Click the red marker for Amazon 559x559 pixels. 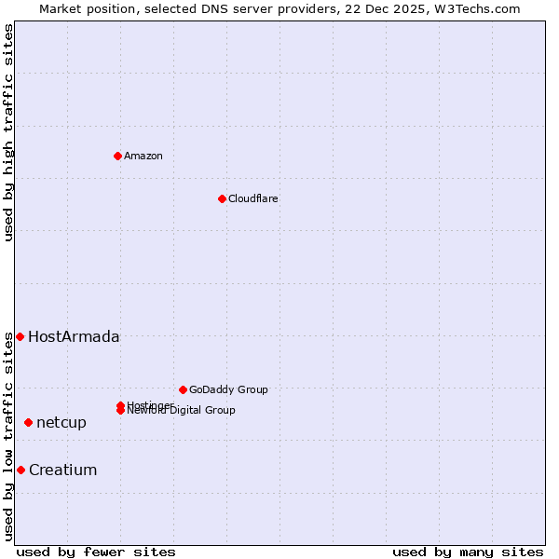pos(117,156)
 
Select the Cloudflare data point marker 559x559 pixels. pos(222,198)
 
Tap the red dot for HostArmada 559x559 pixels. pos(20,336)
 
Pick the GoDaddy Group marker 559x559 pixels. pos(183,389)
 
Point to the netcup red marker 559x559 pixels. pos(28,422)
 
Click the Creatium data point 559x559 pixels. pos(20,470)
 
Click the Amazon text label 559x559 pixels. pos(143,156)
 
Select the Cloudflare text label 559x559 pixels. pos(253,198)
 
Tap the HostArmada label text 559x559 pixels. pos(74,336)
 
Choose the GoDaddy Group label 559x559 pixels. pos(228,389)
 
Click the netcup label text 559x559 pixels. pos(61,422)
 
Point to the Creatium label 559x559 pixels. pos(63,470)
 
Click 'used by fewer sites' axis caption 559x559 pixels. pos(96,552)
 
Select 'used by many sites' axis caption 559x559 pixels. pos(468,552)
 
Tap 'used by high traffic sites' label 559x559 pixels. pos(8,132)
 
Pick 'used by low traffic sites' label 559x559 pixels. pos(8,436)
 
